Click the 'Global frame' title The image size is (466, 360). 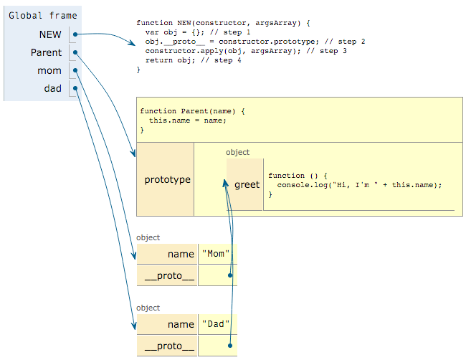point(43,14)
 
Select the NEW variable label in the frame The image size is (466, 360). point(50,34)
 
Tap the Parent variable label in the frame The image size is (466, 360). point(46,52)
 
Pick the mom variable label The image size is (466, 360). point(49,71)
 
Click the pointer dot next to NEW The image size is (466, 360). point(75,34)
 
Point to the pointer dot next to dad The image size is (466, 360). point(75,89)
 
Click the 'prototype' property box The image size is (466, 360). point(167,179)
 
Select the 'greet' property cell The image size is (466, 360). point(247,185)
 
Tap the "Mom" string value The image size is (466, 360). point(217,254)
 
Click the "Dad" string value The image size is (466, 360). point(217,324)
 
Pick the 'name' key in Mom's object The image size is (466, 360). point(181,254)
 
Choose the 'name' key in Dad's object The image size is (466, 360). point(181,324)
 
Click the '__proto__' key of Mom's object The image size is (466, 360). point(170,275)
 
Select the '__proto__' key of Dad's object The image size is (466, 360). point(170,346)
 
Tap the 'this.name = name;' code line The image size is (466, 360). point(188,120)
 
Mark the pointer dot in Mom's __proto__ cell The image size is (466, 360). point(229,275)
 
